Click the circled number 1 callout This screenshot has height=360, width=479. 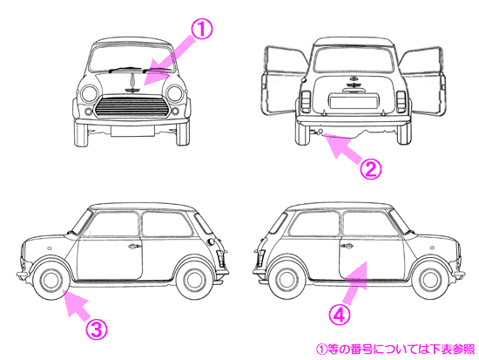click(201, 29)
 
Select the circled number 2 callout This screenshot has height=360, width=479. click(370, 169)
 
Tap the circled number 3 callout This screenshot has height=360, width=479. click(97, 329)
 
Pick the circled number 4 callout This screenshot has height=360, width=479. click(339, 314)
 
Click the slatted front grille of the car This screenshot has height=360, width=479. click(132, 107)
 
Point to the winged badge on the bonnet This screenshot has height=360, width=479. click(132, 90)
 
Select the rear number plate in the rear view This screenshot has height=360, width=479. click(353, 101)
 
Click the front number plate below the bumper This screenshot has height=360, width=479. click(132, 131)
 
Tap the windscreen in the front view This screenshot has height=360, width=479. click(132, 58)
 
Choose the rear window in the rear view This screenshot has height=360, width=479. click(353, 59)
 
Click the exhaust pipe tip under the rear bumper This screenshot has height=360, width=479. click(320, 132)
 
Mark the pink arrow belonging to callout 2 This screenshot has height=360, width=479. click(344, 148)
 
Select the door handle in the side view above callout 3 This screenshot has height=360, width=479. click(135, 246)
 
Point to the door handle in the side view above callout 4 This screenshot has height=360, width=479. click(346, 245)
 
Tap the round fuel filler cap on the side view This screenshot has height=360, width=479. click(211, 241)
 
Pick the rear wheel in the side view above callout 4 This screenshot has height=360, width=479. click(287, 280)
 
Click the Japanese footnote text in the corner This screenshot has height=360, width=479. click(395, 349)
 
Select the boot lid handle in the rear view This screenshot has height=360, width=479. click(353, 90)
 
